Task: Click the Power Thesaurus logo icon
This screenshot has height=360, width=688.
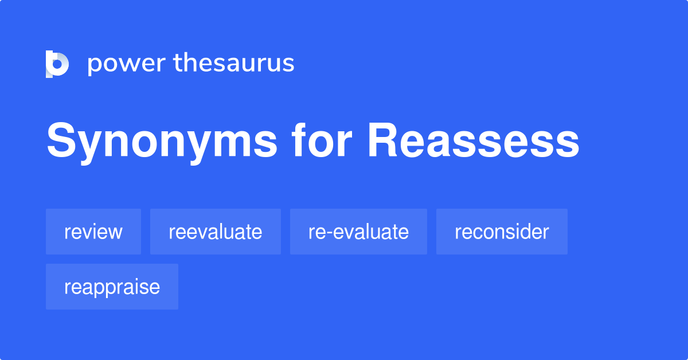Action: click(57, 64)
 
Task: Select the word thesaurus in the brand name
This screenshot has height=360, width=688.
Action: click(234, 63)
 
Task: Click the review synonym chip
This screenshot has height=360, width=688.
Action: click(93, 232)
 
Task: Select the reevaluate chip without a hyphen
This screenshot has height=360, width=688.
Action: click(216, 232)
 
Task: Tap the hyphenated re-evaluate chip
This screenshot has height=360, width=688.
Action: click(358, 232)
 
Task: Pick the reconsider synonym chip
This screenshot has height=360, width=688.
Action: click(502, 232)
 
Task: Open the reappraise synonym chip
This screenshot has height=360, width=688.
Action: click(112, 287)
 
